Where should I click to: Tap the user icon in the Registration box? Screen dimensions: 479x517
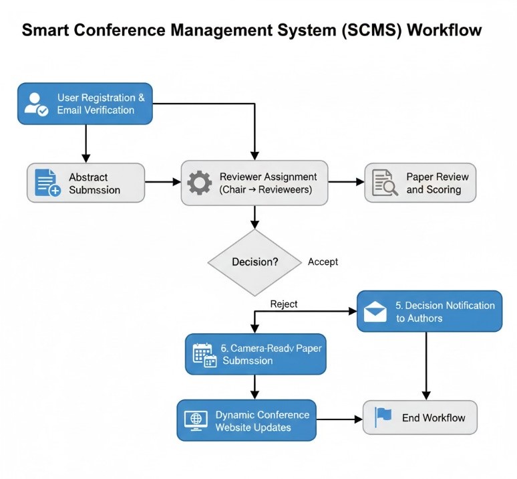(x=35, y=103)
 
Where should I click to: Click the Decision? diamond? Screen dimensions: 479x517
(x=254, y=262)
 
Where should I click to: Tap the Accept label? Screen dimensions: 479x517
(x=323, y=262)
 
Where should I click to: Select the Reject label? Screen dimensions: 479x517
(x=284, y=304)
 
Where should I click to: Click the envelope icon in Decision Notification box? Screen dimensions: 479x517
(x=376, y=311)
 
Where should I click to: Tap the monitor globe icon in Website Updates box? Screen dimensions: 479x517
(x=196, y=419)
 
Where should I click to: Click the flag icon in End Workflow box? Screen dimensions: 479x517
(x=383, y=417)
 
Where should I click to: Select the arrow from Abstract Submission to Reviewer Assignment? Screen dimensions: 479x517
(x=162, y=182)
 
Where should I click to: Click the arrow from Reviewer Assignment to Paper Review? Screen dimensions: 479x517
(x=345, y=181)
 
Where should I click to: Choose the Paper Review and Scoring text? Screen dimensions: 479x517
(x=437, y=183)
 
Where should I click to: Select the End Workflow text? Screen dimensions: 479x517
(x=434, y=418)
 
